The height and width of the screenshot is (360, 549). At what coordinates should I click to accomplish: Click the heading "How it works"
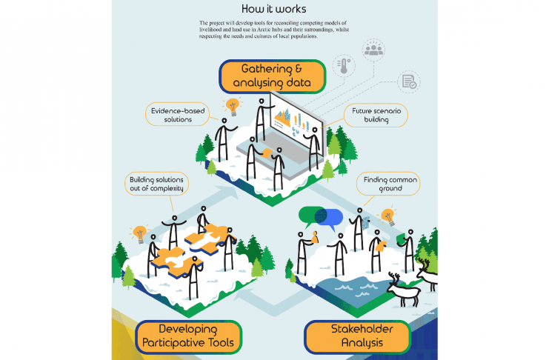273,9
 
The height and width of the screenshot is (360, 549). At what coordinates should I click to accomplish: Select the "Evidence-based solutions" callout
172,115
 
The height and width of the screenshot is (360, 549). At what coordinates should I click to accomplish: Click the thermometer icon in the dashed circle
342,67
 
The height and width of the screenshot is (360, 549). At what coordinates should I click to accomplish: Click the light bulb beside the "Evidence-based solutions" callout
233,106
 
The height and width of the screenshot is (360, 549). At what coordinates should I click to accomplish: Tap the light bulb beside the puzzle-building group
138,234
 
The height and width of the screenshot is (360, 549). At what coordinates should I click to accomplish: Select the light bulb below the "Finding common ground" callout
387,218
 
